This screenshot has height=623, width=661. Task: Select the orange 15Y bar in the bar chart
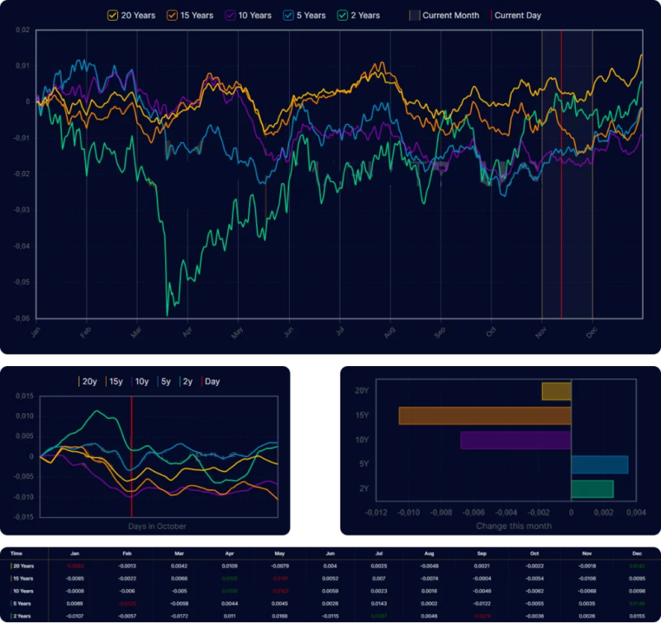(x=484, y=416)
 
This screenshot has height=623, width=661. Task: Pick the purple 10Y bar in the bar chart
(x=515, y=440)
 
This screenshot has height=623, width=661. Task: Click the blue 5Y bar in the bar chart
(x=599, y=464)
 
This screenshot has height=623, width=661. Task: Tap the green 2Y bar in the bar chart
(x=592, y=488)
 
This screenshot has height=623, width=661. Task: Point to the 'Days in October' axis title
(x=157, y=526)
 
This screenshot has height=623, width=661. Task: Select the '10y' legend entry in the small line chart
(x=140, y=382)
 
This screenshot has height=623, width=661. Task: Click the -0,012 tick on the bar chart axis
(x=376, y=513)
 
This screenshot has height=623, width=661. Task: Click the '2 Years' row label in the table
(x=23, y=616)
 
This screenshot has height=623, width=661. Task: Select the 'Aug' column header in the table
(x=428, y=553)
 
